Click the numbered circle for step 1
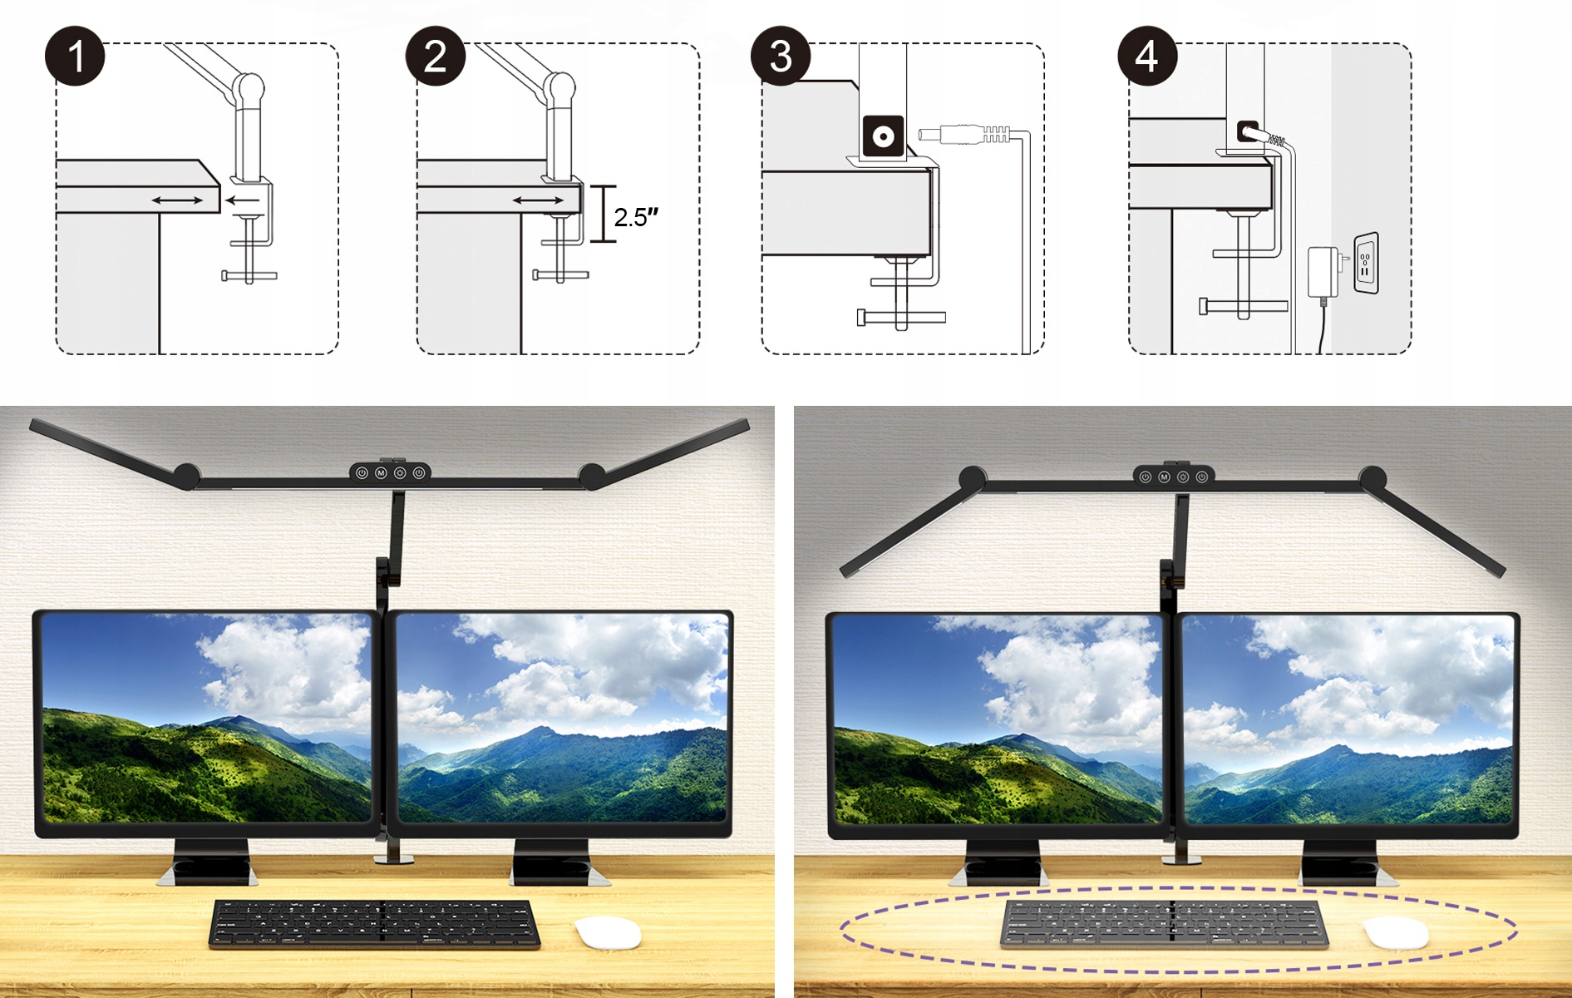tap(75, 56)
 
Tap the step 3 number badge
tap(781, 56)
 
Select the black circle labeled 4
tap(1147, 56)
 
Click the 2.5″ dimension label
tap(636, 217)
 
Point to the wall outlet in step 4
tap(1367, 263)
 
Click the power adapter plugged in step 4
tap(1323, 272)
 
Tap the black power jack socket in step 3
tap(883, 136)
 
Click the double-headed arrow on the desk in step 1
tap(177, 200)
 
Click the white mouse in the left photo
tap(608, 932)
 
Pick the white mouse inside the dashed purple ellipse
tap(1397, 932)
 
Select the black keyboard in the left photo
tap(374, 923)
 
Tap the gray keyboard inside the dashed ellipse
tap(1164, 923)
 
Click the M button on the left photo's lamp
tap(381, 472)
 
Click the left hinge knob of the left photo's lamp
tap(186, 476)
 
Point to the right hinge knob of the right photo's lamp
tap(1372, 479)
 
